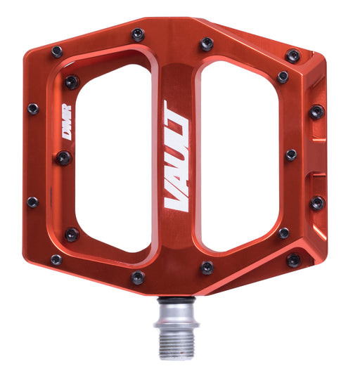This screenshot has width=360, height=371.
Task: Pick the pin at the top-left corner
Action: tap(57, 51)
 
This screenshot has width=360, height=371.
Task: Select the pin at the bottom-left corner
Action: tap(56, 259)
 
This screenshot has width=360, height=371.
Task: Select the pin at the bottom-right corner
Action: tap(294, 260)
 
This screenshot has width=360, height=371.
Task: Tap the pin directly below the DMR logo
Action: tap(64, 158)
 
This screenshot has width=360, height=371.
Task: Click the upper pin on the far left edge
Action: tap(32, 109)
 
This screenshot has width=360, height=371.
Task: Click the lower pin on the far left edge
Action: tap(32, 202)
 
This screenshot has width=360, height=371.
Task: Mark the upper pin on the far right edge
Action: tap(317, 112)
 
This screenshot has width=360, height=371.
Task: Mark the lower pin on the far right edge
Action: tap(317, 202)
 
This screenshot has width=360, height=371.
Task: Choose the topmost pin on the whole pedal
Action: tap(138, 34)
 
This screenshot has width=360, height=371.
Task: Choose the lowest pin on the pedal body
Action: tap(138, 278)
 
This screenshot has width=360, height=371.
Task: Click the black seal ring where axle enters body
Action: tap(176, 301)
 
